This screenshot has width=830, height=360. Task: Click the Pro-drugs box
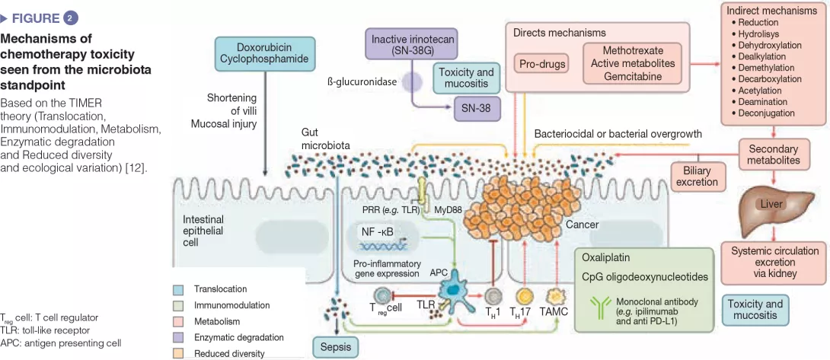coord(542,64)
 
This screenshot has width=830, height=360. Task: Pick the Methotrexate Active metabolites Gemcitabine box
coord(633,63)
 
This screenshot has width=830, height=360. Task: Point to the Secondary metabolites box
coord(773,155)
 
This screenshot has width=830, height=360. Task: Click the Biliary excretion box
coord(697,176)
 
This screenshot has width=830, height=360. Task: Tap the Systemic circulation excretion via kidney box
coord(774,261)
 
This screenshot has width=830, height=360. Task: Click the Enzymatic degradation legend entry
coord(238,337)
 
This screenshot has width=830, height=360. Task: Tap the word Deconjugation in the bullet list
coord(765,113)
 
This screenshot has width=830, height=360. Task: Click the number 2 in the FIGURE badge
coord(72,18)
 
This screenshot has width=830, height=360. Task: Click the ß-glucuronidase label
coord(361,81)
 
